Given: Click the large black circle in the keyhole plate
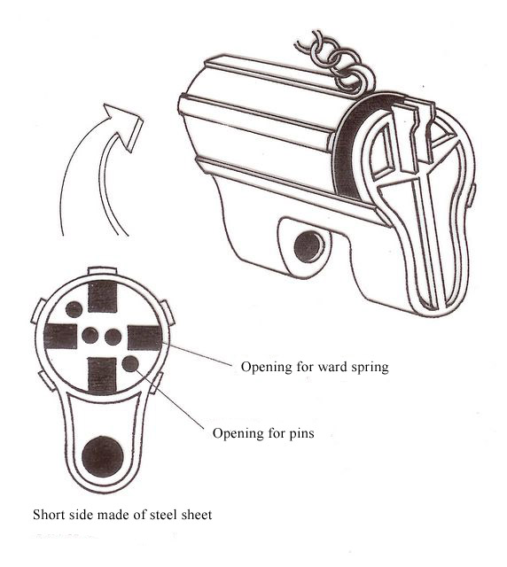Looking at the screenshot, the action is coord(103,456).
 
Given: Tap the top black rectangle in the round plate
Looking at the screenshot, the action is coord(103,296).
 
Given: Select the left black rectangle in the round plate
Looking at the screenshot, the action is coord(60,337).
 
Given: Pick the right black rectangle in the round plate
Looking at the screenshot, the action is coord(144,338).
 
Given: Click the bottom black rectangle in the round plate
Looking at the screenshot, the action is coord(103,375).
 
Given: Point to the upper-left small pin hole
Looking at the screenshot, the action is coord(74,309).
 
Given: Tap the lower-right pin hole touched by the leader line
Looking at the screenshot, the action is coord(130,364).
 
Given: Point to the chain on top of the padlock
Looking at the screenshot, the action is coord(335,63).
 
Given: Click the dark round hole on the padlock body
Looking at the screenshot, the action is coord(308,246).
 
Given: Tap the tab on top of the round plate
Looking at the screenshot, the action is coord(103,271).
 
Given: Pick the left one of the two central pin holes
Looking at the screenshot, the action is coord(90,336).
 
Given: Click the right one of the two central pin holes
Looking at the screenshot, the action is coord(113,337).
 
